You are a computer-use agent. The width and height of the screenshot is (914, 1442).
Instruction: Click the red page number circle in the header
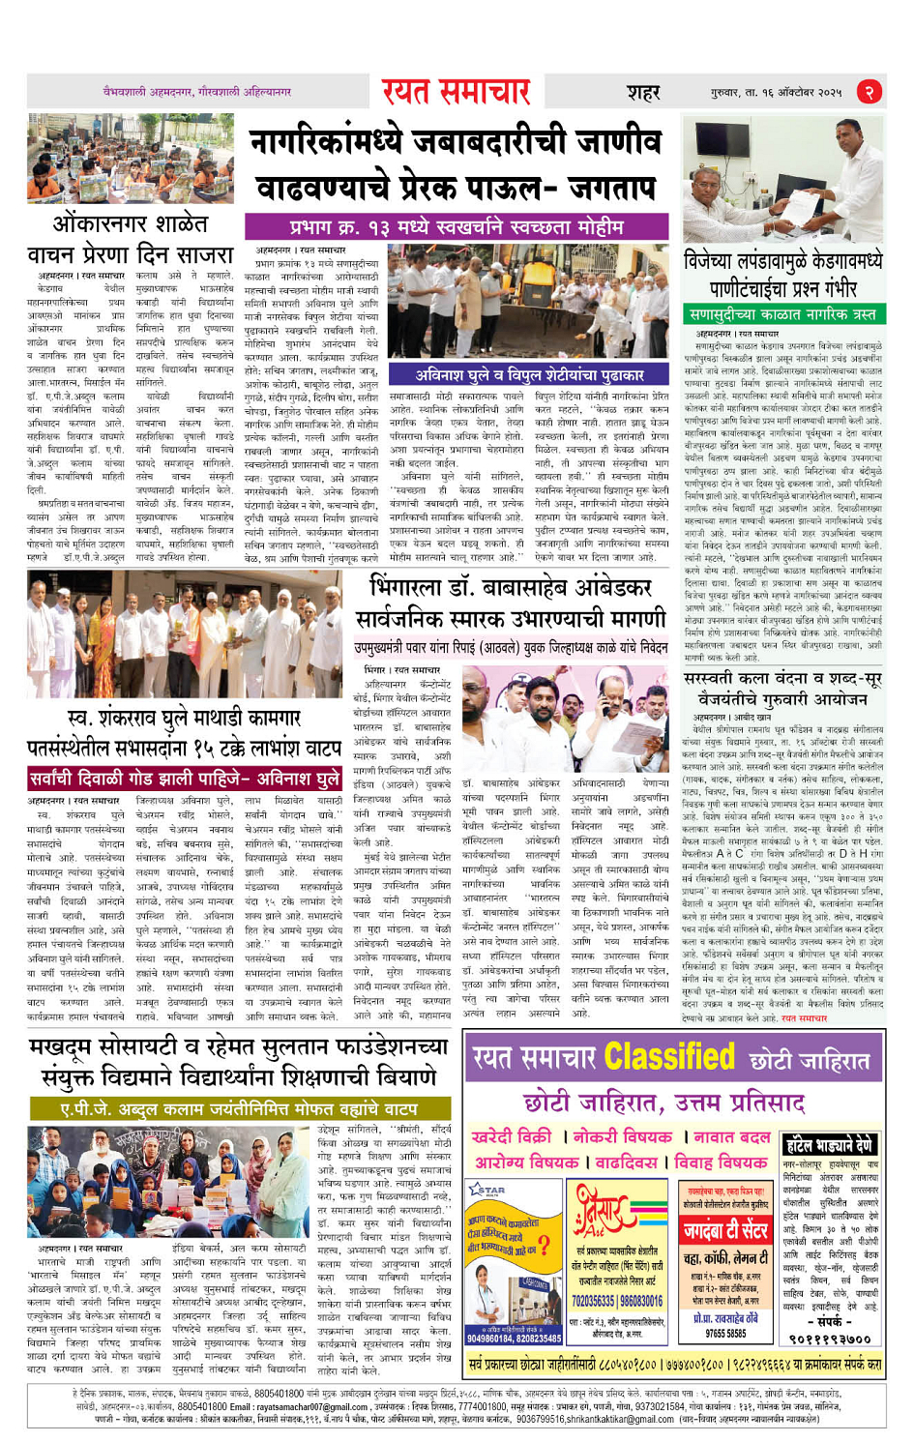click(x=870, y=92)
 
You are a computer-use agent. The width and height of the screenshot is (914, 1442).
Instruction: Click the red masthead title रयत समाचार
click(x=456, y=92)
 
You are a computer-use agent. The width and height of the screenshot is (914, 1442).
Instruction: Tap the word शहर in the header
click(x=642, y=93)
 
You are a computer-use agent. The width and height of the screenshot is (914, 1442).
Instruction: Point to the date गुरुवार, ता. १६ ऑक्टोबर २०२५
click(x=776, y=93)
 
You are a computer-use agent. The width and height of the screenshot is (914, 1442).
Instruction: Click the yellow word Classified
click(x=671, y=1058)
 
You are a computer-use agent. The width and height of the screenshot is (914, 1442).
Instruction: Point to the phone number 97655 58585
click(x=724, y=1333)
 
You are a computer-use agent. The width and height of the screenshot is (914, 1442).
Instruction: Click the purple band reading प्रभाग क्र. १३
click(x=459, y=227)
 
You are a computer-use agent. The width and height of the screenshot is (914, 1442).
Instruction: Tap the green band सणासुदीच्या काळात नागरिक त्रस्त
click(x=782, y=314)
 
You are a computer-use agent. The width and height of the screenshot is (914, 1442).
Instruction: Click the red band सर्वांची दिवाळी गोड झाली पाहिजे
click(x=184, y=779)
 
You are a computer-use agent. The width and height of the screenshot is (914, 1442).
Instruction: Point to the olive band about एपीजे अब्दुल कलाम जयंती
click(x=238, y=1108)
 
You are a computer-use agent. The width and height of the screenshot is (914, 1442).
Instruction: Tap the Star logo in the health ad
click(x=489, y=1190)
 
